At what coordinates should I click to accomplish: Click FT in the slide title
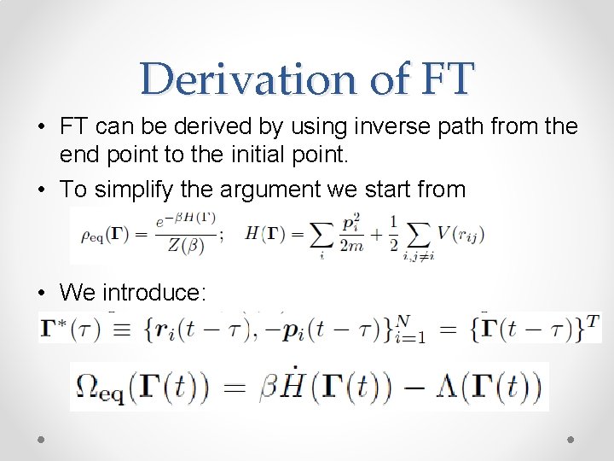click(439, 79)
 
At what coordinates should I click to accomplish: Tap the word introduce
click(153, 293)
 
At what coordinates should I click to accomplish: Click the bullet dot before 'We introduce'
click(42, 293)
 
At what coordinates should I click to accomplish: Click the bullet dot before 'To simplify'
click(42, 189)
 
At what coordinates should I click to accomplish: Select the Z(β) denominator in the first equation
click(185, 248)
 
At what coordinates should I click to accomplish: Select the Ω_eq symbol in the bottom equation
click(98, 388)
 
